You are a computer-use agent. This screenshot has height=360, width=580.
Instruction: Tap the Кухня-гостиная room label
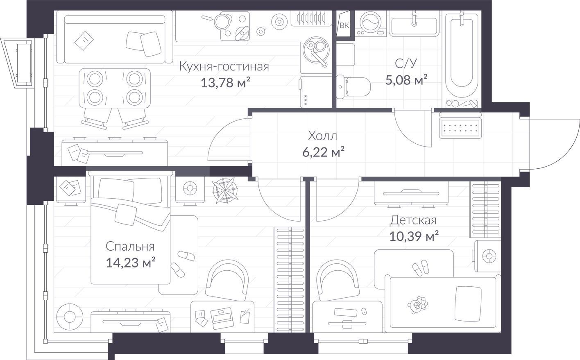click(224, 66)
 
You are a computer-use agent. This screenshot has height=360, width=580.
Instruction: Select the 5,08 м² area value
click(406, 80)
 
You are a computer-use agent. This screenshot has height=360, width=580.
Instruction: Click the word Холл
click(322, 136)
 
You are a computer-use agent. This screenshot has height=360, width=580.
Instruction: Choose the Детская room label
click(413, 220)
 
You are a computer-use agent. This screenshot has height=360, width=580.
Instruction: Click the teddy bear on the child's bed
click(417, 305)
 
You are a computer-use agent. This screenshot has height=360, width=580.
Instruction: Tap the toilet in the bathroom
click(353, 86)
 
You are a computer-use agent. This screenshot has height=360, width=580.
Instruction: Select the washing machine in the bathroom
click(371, 23)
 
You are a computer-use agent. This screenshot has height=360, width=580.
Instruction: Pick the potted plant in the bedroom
click(225, 190)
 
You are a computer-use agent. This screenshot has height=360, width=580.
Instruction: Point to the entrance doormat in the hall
click(460, 129)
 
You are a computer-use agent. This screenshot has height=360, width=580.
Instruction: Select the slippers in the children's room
click(421, 267)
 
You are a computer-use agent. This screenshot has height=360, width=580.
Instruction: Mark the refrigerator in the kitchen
click(315, 92)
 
